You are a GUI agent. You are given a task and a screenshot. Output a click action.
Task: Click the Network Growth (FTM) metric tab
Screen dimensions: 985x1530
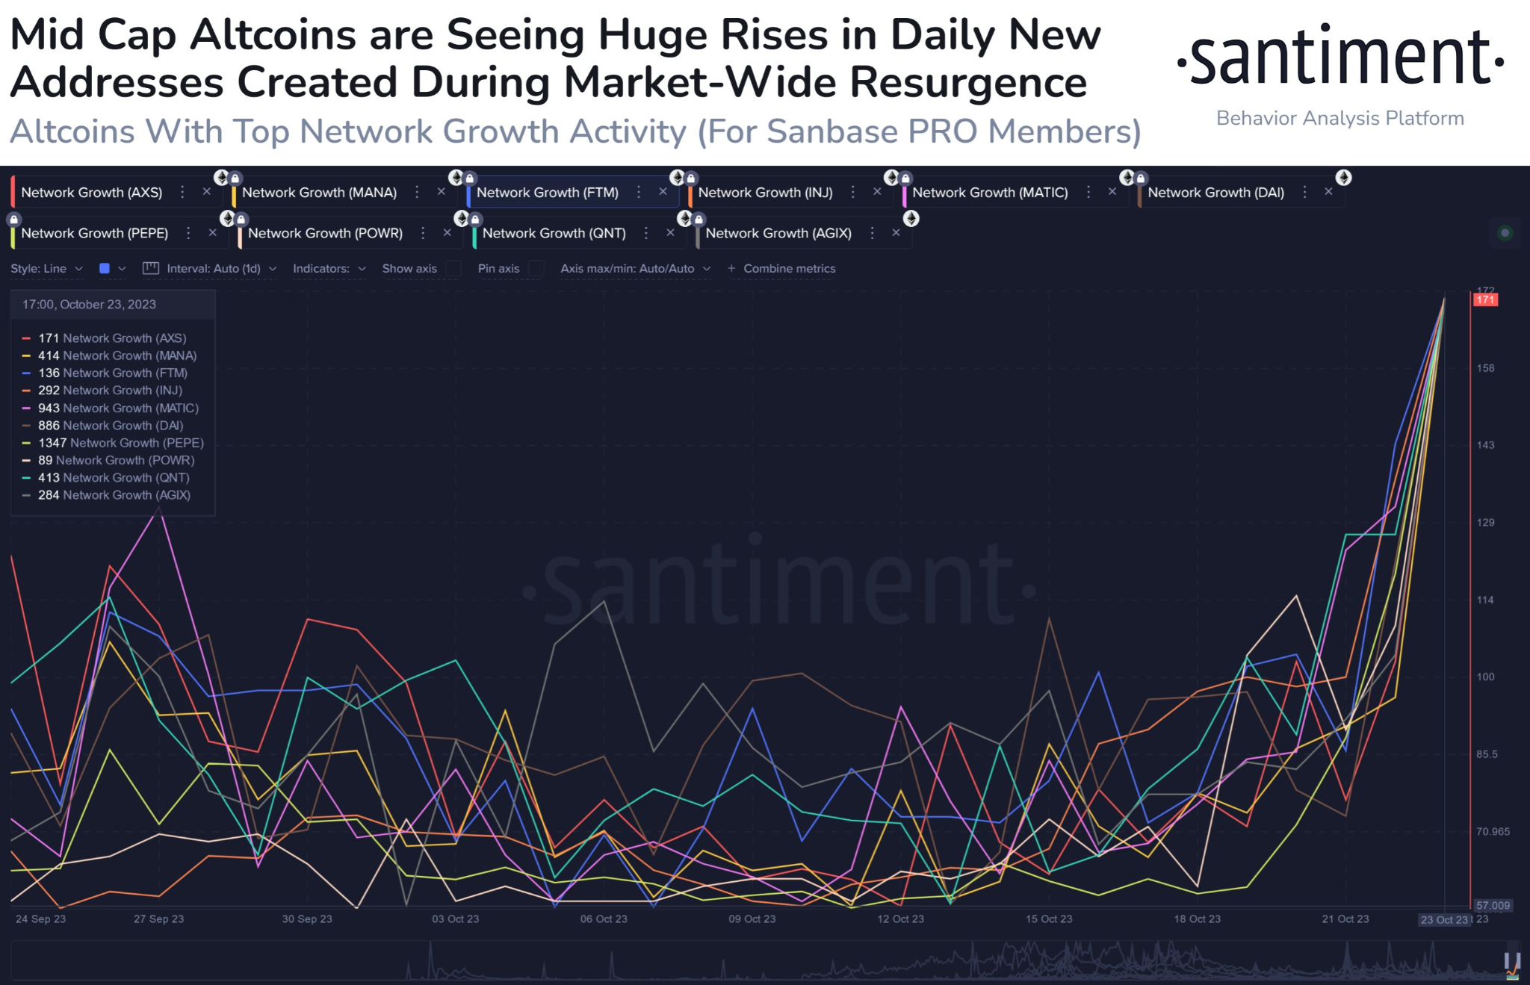tap(547, 193)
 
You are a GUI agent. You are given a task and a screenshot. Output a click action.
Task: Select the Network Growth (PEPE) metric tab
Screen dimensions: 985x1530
tap(94, 233)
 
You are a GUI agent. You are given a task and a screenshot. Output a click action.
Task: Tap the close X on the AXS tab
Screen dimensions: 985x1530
tap(207, 192)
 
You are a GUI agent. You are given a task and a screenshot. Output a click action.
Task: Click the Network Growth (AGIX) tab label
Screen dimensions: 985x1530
tap(778, 233)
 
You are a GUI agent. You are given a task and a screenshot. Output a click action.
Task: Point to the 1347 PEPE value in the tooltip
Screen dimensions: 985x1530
tap(52, 443)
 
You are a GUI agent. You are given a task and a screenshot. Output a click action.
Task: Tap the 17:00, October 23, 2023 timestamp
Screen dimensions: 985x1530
tap(89, 305)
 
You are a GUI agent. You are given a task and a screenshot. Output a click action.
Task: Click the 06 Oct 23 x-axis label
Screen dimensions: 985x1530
tap(604, 919)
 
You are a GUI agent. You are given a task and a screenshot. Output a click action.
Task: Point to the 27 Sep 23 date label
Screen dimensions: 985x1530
tap(158, 919)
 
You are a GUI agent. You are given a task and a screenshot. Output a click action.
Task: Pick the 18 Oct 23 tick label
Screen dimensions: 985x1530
tap(1197, 919)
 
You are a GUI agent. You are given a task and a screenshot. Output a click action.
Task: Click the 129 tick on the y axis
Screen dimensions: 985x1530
tap(1485, 523)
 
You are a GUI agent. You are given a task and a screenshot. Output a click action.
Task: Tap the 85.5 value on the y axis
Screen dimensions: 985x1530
tap(1487, 754)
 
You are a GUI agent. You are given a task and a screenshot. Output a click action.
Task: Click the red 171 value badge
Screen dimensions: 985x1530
tap(1485, 300)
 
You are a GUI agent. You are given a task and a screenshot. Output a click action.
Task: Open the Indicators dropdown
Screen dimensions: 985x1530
tap(329, 269)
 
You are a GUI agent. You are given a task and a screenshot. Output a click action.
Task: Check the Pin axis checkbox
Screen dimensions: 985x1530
tap(536, 269)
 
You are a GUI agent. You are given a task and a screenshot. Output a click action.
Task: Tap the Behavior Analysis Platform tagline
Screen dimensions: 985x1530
tap(1339, 119)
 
